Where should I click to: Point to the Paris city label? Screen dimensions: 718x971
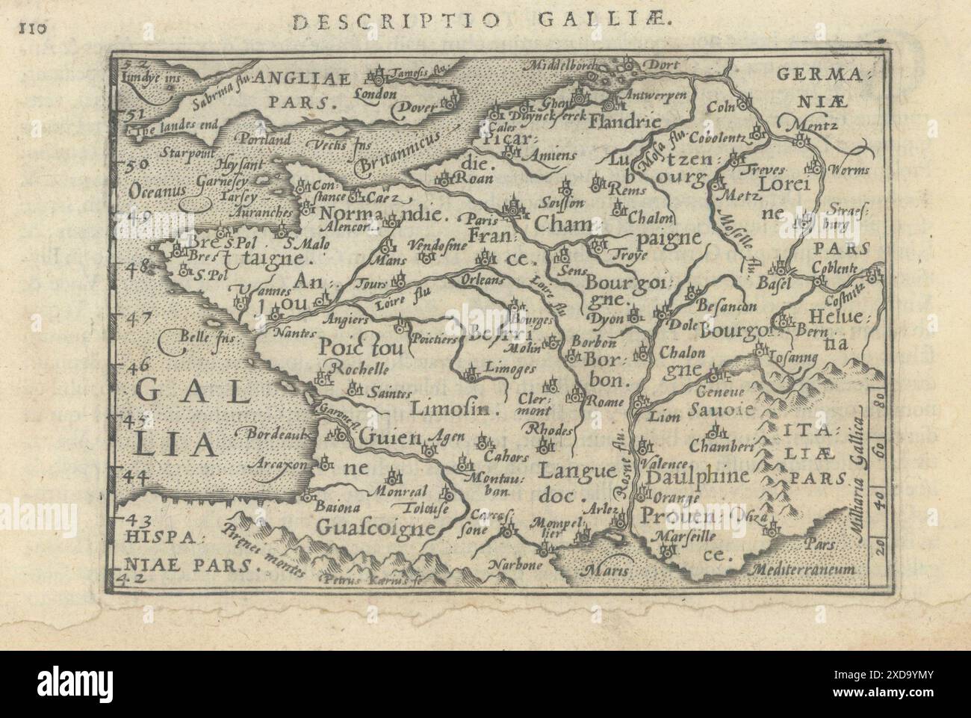click(482, 220)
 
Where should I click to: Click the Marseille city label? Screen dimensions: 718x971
click(684, 536)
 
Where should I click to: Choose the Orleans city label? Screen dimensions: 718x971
click(494, 273)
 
